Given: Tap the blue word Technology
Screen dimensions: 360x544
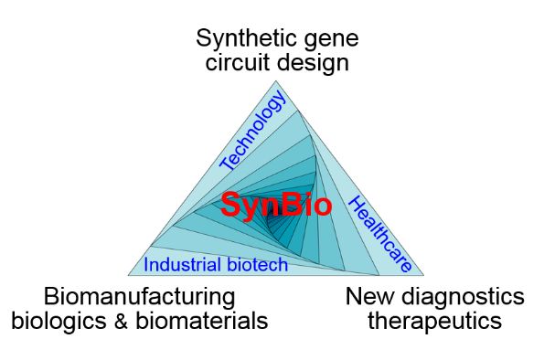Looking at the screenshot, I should [253, 132].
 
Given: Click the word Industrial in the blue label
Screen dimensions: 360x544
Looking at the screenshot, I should [177, 266].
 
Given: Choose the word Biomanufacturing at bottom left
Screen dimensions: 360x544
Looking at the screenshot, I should [140, 297].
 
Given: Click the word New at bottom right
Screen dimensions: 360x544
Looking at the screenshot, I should [366, 297].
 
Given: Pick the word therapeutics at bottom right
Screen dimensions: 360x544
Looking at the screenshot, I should [434, 321].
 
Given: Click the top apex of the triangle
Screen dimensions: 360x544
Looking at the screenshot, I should [275, 81].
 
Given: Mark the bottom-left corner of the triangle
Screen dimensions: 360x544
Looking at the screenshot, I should [129, 275].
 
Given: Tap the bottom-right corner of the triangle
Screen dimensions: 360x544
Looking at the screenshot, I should [423, 275].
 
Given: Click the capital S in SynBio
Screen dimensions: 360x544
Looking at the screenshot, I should [229, 205].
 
